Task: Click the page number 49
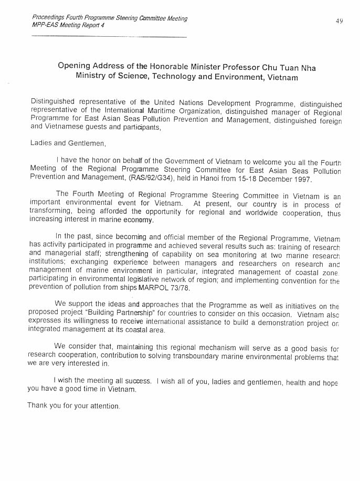(x=340, y=21)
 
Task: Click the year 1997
(x=301, y=179)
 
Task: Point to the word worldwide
(x=272, y=213)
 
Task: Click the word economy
(x=138, y=221)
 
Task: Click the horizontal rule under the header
(x=109, y=37)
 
